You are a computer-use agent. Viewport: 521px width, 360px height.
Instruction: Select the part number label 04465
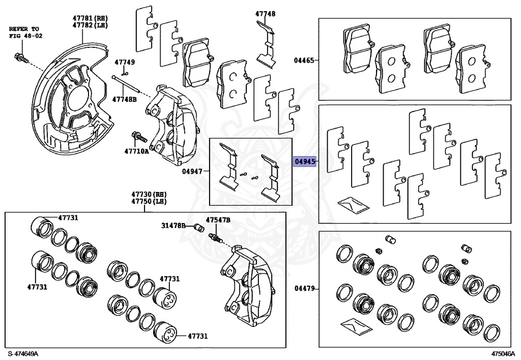click(304, 60)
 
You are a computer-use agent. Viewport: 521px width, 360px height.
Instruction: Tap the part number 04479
click(304, 289)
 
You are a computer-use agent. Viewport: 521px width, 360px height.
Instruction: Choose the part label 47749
click(125, 62)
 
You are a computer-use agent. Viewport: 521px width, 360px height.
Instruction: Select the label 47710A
click(137, 151)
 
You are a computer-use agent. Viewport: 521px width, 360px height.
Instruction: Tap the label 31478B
click(173, 225)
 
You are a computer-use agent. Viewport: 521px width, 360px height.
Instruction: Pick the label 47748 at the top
click(266, 14)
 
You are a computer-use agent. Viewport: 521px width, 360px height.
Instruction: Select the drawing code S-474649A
click(23, 353)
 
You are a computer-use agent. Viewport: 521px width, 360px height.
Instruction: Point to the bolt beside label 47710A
click(139, 137)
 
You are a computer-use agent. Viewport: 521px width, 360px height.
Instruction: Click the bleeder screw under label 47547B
click(216, 237)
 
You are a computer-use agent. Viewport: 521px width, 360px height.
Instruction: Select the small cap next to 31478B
click(199, 227)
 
